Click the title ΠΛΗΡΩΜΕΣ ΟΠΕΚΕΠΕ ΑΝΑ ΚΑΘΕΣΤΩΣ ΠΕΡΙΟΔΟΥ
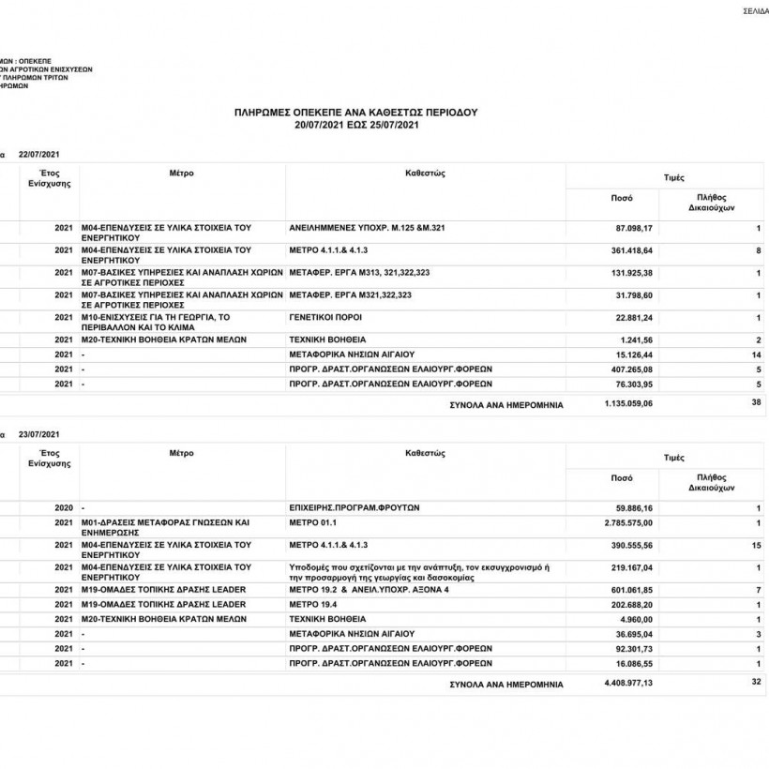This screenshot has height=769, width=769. click(355, 112)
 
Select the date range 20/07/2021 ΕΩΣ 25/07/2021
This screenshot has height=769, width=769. click(355, 125)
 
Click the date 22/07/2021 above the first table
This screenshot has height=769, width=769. click(39, 153)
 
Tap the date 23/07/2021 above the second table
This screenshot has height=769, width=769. click(39, 433)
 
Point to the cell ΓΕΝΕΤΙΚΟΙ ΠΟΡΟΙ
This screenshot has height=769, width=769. click(325, 318)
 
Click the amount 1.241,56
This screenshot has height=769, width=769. click(637, 339)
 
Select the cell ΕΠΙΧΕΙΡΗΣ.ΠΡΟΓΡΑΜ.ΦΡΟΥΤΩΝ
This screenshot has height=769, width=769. click(354, 506)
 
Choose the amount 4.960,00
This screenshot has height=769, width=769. click(637, 619)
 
